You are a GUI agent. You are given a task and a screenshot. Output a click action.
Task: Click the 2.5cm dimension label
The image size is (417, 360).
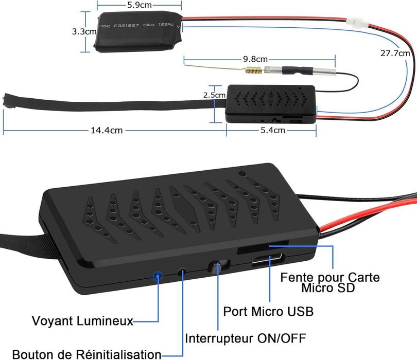point(214,95)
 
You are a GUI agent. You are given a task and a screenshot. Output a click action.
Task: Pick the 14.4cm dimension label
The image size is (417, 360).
point(107,131)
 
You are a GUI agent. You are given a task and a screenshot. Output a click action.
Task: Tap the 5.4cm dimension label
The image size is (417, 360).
point(271,131)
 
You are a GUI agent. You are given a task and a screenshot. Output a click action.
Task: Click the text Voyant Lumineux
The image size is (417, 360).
point(82,321)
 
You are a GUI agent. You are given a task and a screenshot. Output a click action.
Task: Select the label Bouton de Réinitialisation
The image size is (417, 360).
point(86,354)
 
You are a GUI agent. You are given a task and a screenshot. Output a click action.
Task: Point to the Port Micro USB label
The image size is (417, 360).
point(268,312)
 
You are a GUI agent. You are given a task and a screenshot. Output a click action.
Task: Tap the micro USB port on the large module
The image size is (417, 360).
point(267,262)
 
